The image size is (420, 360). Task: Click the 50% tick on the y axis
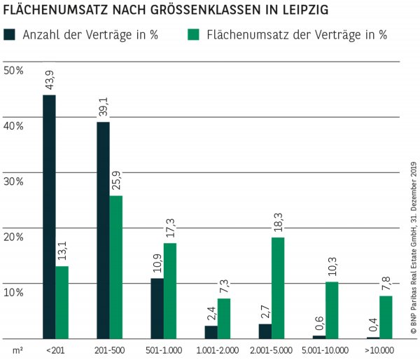tap(13, 70)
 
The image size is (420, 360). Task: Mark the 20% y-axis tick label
tap(13, 236)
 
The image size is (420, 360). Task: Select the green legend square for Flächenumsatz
tap(196, 34)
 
